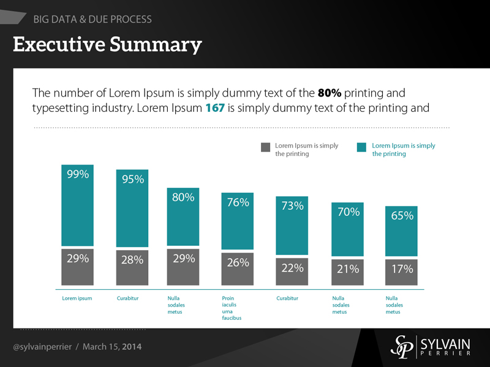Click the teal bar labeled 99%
(x=77, y=205)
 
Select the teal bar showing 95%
(x=132, y=208)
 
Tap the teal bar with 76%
(x=238, y=221)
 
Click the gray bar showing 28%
(x=132, y=267)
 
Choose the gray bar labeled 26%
(x=238, y=269)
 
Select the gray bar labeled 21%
(x=347, y=272)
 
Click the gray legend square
(x=265, y=147)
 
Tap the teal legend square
(x=361, y=147)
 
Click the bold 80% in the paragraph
(x=330, y=94)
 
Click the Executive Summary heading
(x=107, y=44)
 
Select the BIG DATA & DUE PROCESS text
(x=92, y=20)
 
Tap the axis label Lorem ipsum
(x=77, y=298)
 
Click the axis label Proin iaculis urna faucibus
(x=232, y=308)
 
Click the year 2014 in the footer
(x=132, y=347)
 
